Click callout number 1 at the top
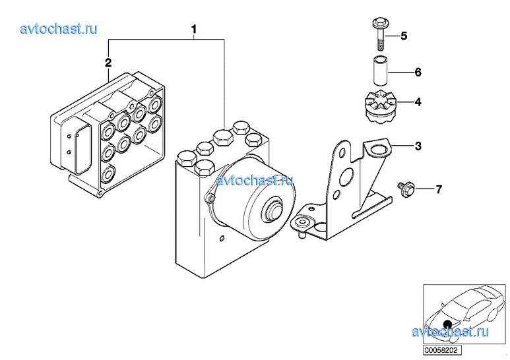click(194, 29)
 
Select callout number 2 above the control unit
click(108, 63)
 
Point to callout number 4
click(417, 102)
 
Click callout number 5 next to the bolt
click(404, 36)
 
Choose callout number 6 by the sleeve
click(417, 72)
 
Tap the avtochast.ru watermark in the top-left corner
click(59, 28)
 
